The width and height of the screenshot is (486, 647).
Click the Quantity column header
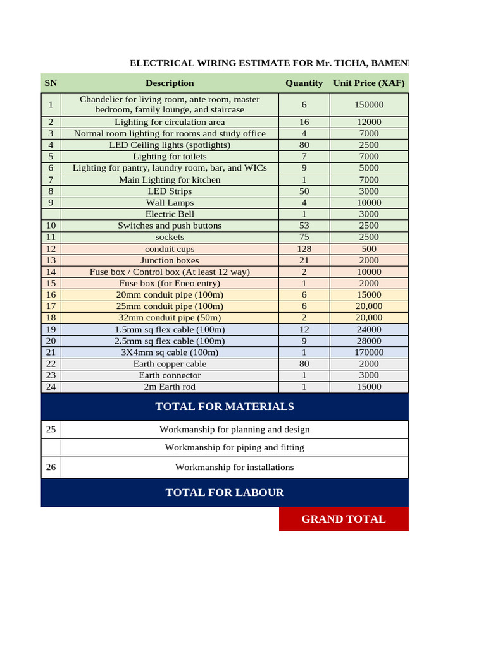point(304,83)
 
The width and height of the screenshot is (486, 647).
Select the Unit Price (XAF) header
point(369,83)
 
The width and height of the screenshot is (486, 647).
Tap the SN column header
point(51,83)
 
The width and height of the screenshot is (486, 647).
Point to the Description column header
point(170,83)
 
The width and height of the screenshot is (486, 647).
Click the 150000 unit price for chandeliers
point(369,105)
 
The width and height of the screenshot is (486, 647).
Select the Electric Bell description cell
point(170,214)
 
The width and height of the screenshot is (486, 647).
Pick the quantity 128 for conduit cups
point(304,249)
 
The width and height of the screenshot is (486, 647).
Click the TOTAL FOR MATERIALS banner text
point(225,406)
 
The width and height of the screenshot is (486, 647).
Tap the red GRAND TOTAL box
point(344,519)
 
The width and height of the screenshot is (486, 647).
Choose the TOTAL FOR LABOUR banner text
point(225,492)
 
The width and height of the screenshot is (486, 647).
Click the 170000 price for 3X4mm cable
point(369,353)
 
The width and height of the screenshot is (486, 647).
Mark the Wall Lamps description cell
point(170,203)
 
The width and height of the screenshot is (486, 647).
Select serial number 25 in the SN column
point(51,430)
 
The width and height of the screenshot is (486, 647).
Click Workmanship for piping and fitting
point(234,447)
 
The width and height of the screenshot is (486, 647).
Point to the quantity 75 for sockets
point(304,237)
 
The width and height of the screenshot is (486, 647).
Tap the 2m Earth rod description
point(170,387)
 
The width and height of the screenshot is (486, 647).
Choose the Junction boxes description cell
point(170,260)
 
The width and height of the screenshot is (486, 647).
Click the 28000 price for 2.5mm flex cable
point(369,341)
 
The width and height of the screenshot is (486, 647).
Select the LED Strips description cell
point(170,191)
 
